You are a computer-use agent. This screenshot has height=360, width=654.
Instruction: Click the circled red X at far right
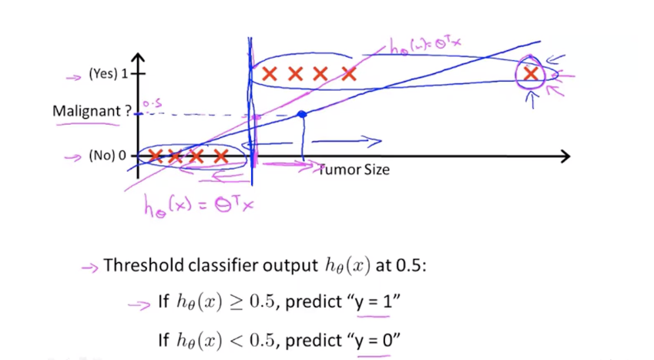tap(531, 74)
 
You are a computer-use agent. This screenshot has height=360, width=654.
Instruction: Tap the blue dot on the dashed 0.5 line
tap(302, 115)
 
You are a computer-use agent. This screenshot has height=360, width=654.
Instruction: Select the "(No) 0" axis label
tap(107, 156)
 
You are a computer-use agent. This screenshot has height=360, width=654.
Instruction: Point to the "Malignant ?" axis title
tap(86, 111)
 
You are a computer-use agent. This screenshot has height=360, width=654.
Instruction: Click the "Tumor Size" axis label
tap(355, 170)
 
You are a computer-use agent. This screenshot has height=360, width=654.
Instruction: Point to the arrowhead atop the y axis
tap(139, 59)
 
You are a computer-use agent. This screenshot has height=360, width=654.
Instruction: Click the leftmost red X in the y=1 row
tap(269, 74)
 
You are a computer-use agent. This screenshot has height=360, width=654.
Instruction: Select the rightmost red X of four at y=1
tap(349, 74)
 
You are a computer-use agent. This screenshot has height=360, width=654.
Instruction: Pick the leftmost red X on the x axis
tap(156, 156)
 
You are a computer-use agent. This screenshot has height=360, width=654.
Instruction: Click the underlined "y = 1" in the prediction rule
tap(374, 301)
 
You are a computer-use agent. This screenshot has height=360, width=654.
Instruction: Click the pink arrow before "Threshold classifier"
tap(90, 267)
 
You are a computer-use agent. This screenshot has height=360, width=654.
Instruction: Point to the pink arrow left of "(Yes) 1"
tap(74, 76)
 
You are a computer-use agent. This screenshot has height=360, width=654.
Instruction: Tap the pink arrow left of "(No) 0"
tap(74, 156)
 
